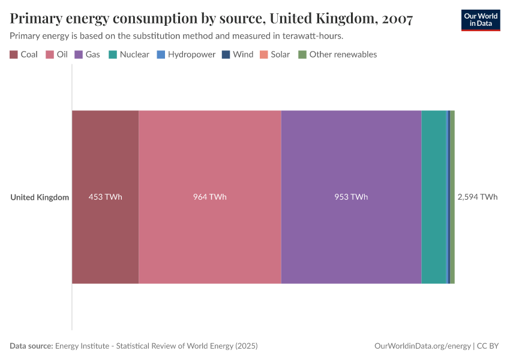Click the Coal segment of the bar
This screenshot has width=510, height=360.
106,156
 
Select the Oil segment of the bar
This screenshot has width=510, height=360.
210,156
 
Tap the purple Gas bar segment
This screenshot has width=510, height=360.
351,156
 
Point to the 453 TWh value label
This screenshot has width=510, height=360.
106,197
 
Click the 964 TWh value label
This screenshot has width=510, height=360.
210,197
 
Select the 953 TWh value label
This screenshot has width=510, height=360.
351,197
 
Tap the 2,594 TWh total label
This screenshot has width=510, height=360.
478,197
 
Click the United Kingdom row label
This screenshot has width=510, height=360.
40,197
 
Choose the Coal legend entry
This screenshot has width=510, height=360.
24,55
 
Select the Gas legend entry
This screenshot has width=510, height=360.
88,55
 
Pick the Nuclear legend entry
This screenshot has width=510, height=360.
129,55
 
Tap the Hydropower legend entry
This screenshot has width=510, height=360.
186,55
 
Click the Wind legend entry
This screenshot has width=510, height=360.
238,55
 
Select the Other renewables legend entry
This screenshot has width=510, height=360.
338,55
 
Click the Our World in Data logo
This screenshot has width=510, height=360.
481,20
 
